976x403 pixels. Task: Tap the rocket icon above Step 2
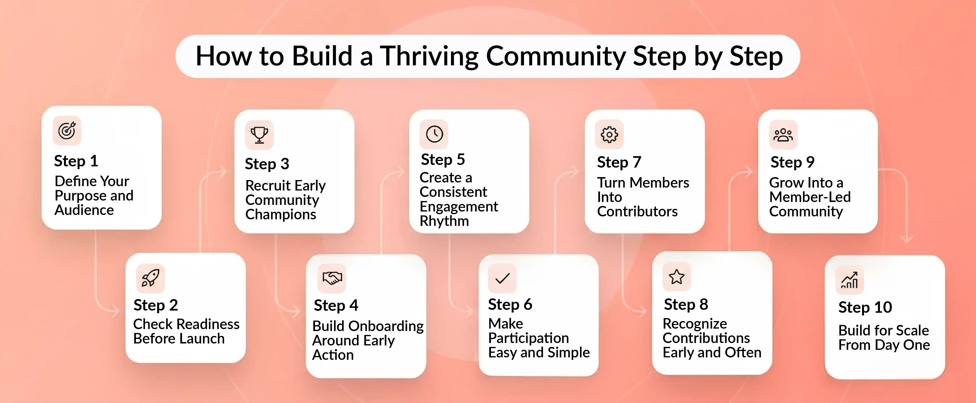click(150, 278)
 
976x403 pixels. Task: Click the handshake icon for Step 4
click(332, 278)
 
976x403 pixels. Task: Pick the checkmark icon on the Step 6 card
click(502, 278)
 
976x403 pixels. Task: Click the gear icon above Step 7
click(609, 134)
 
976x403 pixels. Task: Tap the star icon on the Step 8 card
click(677, 277)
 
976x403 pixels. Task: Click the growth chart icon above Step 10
click(849, 280)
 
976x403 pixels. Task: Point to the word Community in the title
click(555, 56)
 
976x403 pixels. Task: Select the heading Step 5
click(443, 160)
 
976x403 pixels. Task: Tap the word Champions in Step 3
click(280, 214)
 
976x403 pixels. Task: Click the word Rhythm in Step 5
click(444, 221)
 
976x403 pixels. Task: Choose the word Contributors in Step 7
click(637, 211)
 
